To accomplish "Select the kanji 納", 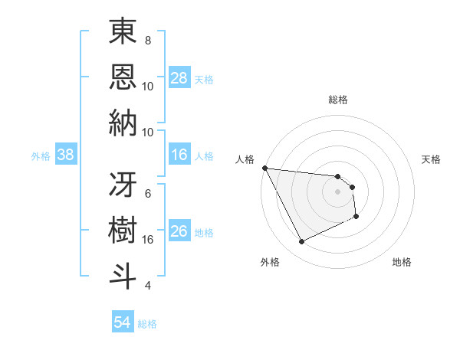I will coord(123,123).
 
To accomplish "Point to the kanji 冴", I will coord(123,184).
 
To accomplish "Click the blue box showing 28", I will coord(179,78).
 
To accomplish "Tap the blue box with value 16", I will coord(179,155).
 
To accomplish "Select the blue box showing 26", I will coord(179,232).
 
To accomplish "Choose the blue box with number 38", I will coord(66,155).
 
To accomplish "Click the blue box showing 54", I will coord(123,323).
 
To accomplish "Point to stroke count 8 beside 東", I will coord(148,40).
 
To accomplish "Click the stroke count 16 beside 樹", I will coord(148,239).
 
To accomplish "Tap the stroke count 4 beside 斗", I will coord(148,286).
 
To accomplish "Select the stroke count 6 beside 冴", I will coord(148,193).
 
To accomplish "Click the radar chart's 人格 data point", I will coord(264,168).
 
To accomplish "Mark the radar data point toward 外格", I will coord(301,242).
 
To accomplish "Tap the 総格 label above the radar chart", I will coord(337,100).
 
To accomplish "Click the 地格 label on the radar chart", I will coord(402,262).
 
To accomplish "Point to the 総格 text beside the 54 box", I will coord(147,324).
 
